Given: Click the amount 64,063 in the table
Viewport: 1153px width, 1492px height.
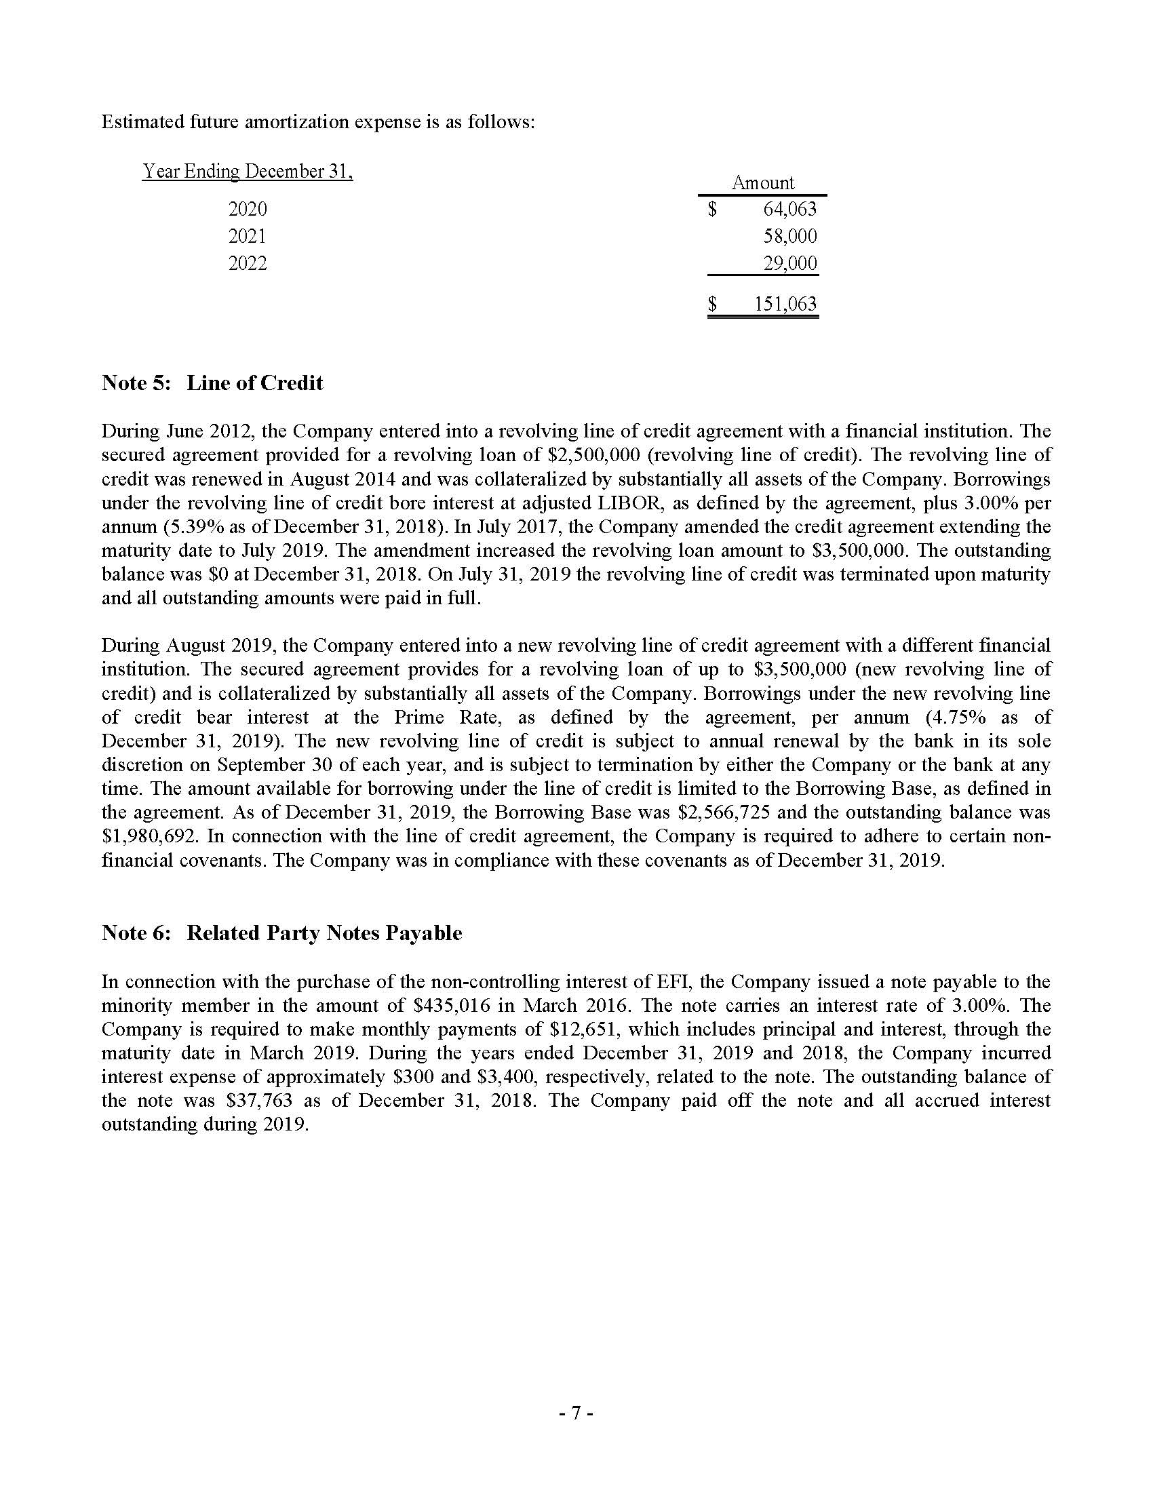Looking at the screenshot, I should point(789,209).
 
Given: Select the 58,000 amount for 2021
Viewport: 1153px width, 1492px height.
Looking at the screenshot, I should point(789,237).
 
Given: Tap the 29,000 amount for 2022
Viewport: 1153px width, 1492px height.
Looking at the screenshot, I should point(789,264).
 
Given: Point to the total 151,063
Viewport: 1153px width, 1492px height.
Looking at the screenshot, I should point(785,304).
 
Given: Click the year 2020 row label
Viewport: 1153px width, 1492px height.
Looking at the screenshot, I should point(248,209).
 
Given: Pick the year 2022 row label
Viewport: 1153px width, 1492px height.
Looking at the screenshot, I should point(248,264).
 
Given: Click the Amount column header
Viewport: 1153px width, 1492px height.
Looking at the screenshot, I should point(763,183).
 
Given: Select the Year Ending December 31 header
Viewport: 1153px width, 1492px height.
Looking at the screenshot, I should point(248,171).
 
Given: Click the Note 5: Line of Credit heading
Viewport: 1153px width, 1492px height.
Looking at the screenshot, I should point(212,382).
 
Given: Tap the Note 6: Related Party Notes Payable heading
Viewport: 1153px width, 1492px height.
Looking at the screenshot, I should point(281,933).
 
